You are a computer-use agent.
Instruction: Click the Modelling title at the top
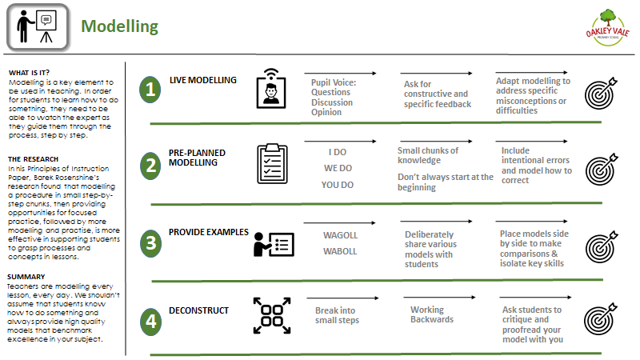(x=119, y=26)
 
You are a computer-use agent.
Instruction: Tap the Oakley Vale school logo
(x=607, y=28)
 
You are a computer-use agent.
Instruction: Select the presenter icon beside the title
(x=38, y=27)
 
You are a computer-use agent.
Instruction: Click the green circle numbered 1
(x=150, y=90)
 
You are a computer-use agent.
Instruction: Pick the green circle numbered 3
(x=150, y=243)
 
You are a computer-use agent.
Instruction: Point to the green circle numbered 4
(x=150, y=322)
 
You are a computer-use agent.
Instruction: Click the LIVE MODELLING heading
(x=203, y=80)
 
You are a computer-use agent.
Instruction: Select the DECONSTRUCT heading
(x=198, y=310)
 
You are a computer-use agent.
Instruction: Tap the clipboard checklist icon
(x=272, y=164)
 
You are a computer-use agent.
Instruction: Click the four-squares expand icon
(x=272, y=315)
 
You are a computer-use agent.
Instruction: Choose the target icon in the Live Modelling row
(x=601, y=94)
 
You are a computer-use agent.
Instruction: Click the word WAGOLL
(x=341, y=235)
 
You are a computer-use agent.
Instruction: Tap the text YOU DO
(x=338, y=185)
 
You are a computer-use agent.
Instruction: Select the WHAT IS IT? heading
(x=29, y=73)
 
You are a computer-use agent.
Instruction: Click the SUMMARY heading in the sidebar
(x=26, y=277)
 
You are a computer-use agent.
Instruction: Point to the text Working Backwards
(x=432, y=314)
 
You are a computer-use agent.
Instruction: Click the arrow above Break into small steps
(x=343, y=298)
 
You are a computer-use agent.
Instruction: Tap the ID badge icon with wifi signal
(x=271, y=88)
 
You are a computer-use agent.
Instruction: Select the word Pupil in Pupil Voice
(x=322, y=83)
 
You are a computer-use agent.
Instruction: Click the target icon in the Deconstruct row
(x=601, y=318)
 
